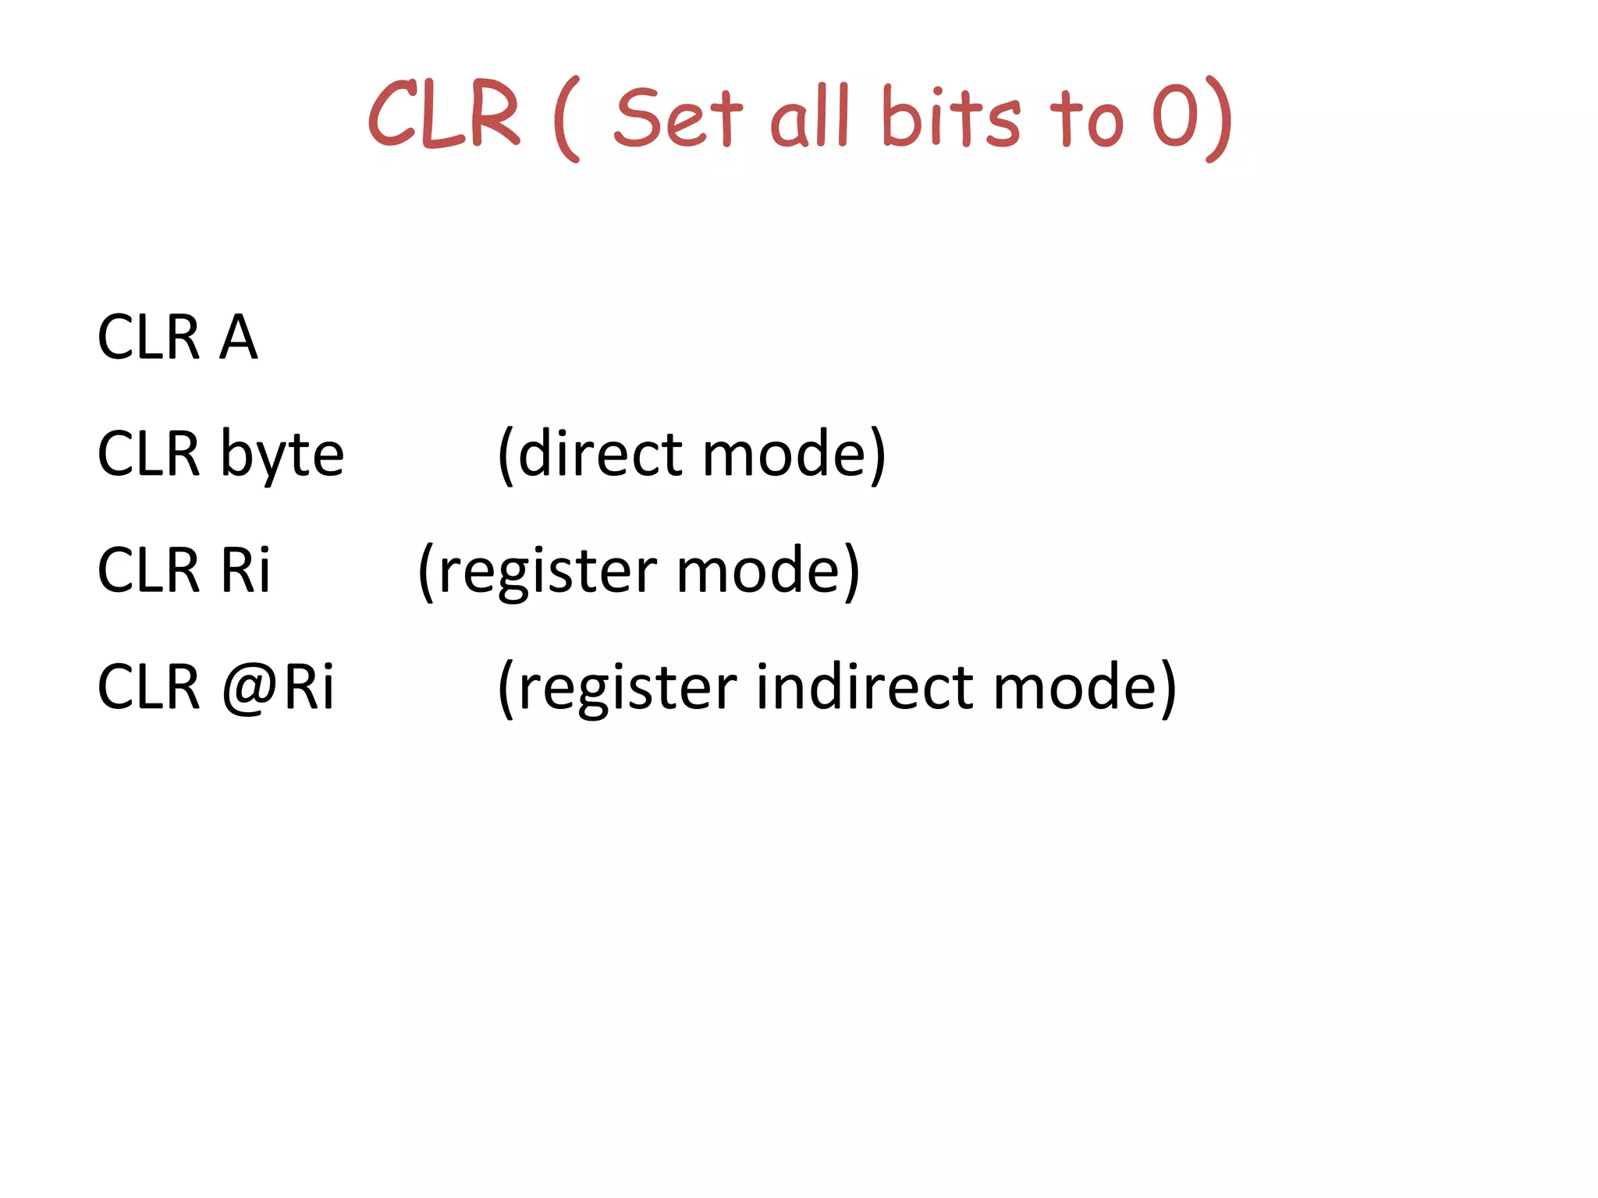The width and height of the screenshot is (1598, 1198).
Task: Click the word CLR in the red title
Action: coord(443,115)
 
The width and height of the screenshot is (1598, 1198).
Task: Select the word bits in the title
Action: coord(950,117)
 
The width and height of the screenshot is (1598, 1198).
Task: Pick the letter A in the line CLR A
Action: coord(238,337)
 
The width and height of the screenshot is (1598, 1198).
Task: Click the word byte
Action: coord(282,455)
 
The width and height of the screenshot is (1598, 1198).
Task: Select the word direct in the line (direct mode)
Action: coord(600,454)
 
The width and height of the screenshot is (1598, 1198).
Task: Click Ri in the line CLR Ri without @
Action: coord(245,570)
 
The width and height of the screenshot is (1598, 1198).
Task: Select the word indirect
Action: coord(865,686)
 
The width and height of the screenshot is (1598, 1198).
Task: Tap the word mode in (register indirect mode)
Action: coord(1074,686)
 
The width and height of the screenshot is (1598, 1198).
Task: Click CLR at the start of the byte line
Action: coord(148,454)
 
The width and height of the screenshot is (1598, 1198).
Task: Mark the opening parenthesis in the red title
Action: coord(566,119)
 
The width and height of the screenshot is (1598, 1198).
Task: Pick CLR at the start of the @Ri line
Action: coord(148,686)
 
